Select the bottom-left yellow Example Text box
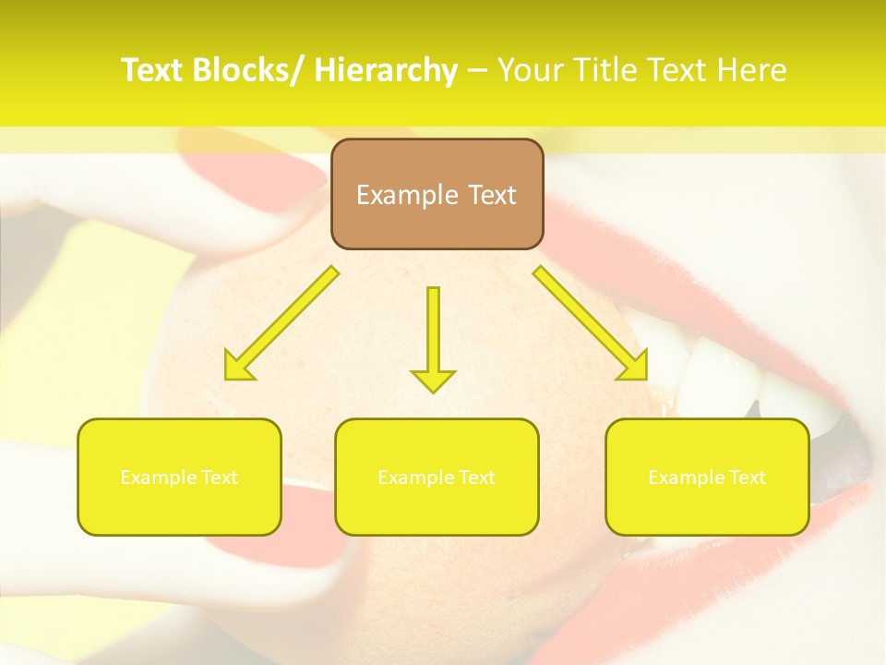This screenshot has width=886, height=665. [x=179, y=477]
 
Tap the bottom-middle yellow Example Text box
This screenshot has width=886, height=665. [x=437, y=477]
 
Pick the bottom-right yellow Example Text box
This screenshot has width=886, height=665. [x=707, y=477]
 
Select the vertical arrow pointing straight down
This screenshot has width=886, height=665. [x=433, y=332]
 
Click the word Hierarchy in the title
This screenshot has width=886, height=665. [x=386, y=70]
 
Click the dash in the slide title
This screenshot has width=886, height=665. [x=476, y=70]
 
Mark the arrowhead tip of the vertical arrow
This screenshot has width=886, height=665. [x=433, y=390]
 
